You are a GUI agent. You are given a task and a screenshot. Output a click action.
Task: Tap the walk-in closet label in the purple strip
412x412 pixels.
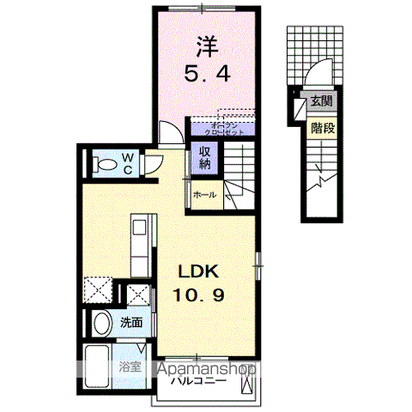pyautogui.click(x=226, y=129)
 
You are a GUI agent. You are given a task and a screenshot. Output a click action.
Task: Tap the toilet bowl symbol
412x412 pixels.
pyautogui.click(x=106, y=161)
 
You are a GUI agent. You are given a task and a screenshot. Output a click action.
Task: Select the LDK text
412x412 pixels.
pyautogui.click(x=199, y=271)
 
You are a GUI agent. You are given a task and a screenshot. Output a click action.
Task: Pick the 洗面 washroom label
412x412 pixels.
pyautogui.click(x=130, y=324)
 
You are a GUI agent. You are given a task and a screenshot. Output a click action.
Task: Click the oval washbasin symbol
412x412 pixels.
pyautogui.click(x=101, y=324)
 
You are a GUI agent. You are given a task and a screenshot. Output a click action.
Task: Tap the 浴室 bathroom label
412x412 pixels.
pyautogui.click(x=128, y=366)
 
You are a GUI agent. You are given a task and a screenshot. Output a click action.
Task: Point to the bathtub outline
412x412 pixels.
pyautogui.click(x=96, y=367)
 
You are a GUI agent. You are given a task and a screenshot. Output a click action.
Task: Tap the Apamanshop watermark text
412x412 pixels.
pyautogui.click(x=205, y=369)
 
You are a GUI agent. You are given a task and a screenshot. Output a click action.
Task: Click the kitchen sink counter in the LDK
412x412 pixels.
pyautogui.click(x=140, y=240)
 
